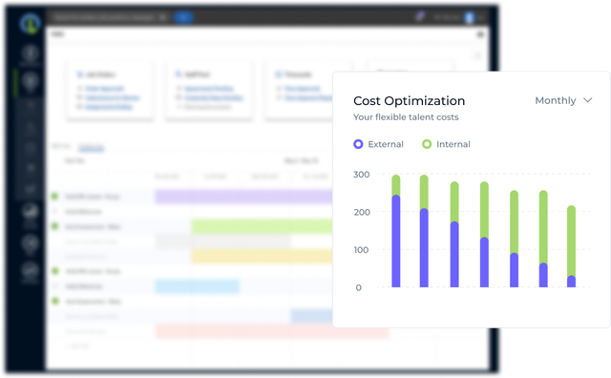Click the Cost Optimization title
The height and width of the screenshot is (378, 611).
pyautogui.click(x=409, y=100)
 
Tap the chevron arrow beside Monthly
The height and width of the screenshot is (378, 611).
pyautogui.click(x=588, y=100)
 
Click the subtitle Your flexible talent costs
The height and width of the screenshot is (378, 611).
pyautogui.click(x=406, y=117)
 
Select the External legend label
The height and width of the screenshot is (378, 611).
pyautogui.click(x=387, y=144)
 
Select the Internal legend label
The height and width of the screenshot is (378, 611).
pyautogui.click(x=453, y=144)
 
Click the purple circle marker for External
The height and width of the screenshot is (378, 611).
pyautogui.click(x=358, y=144)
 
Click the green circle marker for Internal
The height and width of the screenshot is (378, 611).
pyautogui.click(x=426, y=144)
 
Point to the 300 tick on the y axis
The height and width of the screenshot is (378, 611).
pyautogui.click(x=362, y=175)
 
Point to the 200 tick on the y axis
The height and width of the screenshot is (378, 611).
pyautogui.click(x=362, y=212)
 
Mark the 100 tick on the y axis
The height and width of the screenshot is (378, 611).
pyautogui.click(x=362, y=250)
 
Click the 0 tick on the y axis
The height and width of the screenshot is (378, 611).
pyautogui.click(x=359, y=287)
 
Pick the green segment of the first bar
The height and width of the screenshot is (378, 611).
pyautogui.click(x=396, y=185)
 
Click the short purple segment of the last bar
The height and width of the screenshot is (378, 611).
pyautogui.click(x=572, y=282)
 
